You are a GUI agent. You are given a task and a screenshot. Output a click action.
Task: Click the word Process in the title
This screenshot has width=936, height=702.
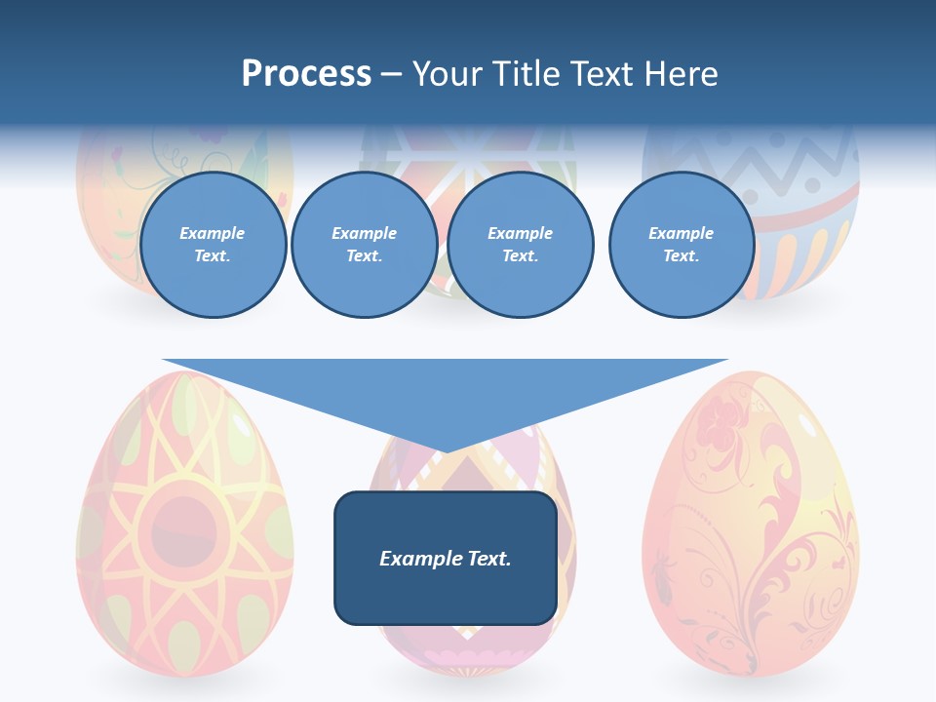click(x=306, y=74)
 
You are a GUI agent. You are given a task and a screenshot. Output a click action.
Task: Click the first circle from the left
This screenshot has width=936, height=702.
click(x=213, y=245)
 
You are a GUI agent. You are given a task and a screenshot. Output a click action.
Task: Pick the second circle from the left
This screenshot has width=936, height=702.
click(x=364, y=245)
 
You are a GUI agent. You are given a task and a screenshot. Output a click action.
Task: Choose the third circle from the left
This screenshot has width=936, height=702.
click(x=521, y=245)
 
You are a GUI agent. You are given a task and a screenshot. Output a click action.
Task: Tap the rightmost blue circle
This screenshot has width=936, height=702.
click(x=682, y=245)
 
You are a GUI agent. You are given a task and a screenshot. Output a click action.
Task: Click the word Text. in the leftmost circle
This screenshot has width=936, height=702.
click(x=213, y=256)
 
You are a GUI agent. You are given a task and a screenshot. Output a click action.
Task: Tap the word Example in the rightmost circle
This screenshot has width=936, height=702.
click(x=682, y=233)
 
